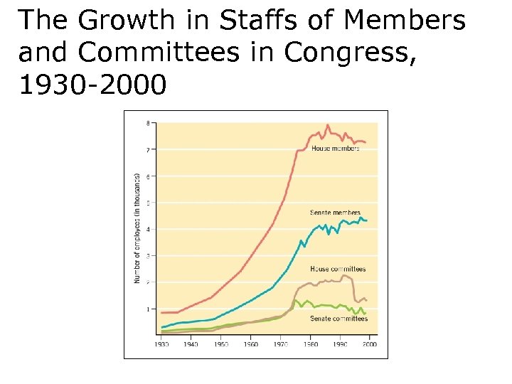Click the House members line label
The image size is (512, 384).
335,148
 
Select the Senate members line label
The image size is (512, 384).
335,213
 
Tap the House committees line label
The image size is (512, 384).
338,269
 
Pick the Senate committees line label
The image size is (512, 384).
338,319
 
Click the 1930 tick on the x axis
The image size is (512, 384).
162,344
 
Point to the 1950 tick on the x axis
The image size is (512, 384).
221,344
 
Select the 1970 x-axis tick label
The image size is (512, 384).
280,344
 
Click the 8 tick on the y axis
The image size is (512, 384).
148,123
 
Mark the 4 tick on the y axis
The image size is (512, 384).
148,229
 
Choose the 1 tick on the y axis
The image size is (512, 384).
148,309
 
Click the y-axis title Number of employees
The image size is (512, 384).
137,228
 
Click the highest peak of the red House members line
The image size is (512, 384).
328,125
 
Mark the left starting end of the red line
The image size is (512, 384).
162,312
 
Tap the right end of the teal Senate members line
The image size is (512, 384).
366,220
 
